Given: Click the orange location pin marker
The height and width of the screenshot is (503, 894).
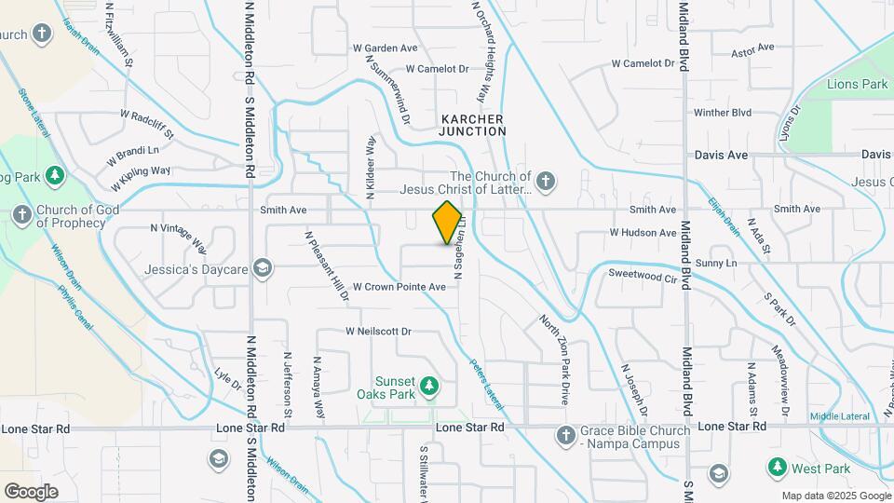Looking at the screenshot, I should pyautogui.click(x=448, y=223).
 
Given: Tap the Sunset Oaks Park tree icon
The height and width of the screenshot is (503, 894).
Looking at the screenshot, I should pyautogui.click(x=428, y=385).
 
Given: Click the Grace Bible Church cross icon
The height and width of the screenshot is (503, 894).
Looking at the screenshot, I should pyautogui.click(x=565, y=435).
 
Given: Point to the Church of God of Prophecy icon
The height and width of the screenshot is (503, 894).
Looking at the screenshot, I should pyautogui.click(x=21, y=215).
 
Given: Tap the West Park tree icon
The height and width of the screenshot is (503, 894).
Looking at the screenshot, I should pyautogui.click(x=775, y=466).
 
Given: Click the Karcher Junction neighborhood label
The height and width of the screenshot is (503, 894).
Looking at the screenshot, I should pyautogui.click(x=472, y=126).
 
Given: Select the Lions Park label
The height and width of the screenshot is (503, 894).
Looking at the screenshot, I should pyautogui.click(x=857, y=85).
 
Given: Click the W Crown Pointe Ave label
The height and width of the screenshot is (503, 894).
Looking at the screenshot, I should pyautogui.click(x=400, y=288).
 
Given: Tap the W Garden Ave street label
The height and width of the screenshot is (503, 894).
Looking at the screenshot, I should pyautogui.click(x=385, y=48).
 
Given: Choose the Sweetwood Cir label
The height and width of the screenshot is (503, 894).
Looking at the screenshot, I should pyautogui.click(x=642, y=277).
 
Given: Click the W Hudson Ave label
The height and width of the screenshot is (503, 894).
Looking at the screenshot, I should pyautogui.click(x=643, y=233).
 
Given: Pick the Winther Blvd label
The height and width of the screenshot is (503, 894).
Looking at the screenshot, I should pyautogui.click(x=722, y=113).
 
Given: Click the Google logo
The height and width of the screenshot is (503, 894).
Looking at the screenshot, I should pyautogui.click(x=31, y=491).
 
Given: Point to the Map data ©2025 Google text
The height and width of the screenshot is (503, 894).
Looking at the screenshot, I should pyautogui.click(x=834, y=496).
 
